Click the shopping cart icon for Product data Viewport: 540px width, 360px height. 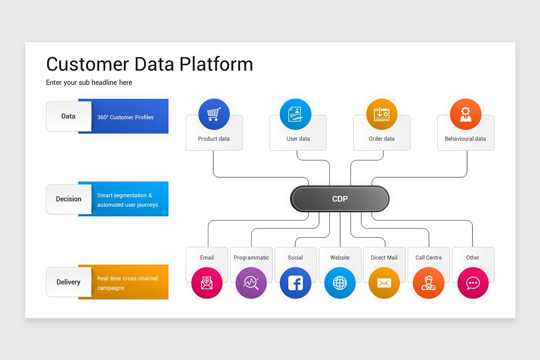pyautogui.click(x=214, y=114)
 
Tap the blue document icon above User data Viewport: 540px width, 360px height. pyautogui.click(x=296, y=114)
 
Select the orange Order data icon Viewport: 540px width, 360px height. pyautogui.click(x=382, y=114)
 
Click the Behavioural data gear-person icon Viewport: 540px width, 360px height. pyautogui.click(x=465, y=114)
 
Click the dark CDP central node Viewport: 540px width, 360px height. pyautogui.click(x=340, y=199)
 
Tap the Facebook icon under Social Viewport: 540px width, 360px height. pyautogui.click(x=295, y=283)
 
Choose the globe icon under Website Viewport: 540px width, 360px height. pyautogui.click(x=340, y=283)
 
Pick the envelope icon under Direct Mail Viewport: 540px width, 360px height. pyautogui.click(x=384, y=283)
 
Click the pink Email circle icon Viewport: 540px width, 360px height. pyautogui.click(x=207, y=283)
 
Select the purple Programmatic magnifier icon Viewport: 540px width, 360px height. pyautogui.click(x=251, y=283)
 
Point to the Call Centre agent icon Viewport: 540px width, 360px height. pyautogui.click(x=428, y=283)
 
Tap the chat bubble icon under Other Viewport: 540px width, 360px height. pyautogui.click(x=472, y=283)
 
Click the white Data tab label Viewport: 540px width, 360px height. pyautogui.click(x=68, y=116)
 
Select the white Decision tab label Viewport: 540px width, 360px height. pyautogui.click(x=68, y=199)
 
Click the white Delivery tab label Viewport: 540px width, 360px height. pyautogui.click(x=68, y=282)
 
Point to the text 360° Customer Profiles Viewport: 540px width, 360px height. pyautogui.click(x=126, y=117)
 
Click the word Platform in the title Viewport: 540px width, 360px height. pyautogui.click(x=216, y=64)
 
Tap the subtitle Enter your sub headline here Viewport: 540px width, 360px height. pyautogui.click(x=89, y=82)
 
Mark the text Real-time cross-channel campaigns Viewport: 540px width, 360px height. pyautogui.click(x=127, y=283)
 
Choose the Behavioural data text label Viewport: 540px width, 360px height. pyautogui.click(x=465, y=139)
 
